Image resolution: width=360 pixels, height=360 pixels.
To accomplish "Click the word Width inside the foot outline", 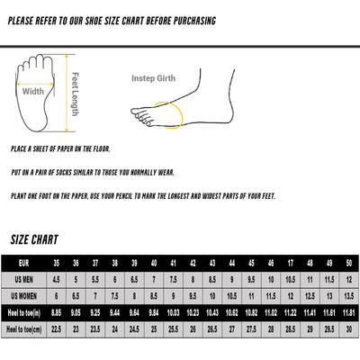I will pos(33,91).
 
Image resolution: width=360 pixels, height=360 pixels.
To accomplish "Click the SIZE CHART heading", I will pos(34,240).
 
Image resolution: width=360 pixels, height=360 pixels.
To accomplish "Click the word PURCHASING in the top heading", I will pos(191,21).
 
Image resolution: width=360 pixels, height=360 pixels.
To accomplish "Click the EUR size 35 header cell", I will pos(57,262).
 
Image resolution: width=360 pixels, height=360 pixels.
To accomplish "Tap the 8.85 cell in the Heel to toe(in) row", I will pos(57,312).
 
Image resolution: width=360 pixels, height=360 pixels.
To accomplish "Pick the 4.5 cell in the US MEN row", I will pos(57,279).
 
